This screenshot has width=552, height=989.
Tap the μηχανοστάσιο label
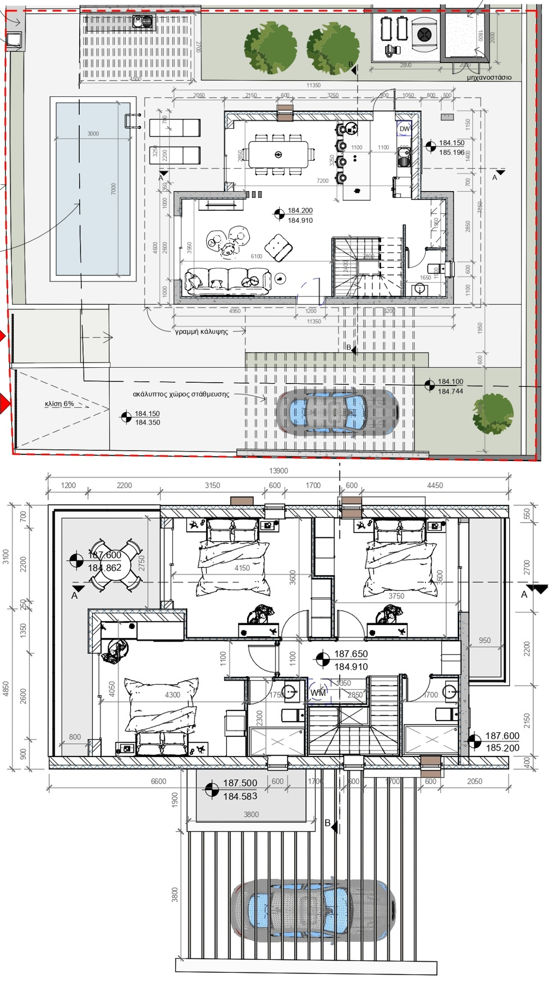(489, 78)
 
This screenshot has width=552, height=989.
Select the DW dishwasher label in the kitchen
(404, 129)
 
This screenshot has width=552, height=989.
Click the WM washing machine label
(318, 693)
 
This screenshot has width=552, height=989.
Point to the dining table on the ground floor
(278, 155)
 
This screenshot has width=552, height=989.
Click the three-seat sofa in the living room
(228, 282)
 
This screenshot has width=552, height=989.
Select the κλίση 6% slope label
(59, 404)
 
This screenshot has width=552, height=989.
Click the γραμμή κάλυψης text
(201, 331)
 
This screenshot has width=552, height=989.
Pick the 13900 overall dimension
(278, 471)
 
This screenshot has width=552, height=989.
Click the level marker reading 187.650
(351, 654)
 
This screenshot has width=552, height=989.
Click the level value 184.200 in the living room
(300, 210)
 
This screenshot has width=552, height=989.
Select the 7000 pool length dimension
(113, 189)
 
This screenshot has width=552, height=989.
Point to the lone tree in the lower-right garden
(493, 414)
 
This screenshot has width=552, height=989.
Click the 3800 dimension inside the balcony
(251, 814)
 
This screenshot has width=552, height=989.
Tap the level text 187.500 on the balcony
(240, 783)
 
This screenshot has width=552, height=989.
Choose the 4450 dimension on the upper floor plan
(435, 485)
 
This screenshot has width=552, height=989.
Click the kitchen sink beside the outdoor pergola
(143, 21)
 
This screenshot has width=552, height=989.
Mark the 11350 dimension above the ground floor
(313, 85)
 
